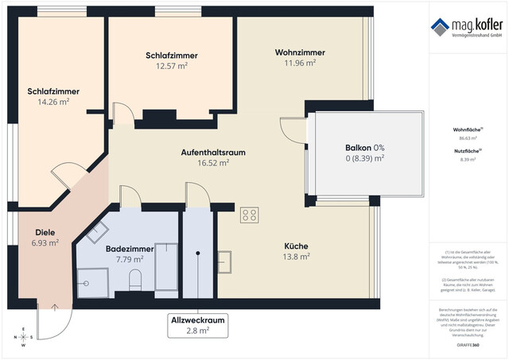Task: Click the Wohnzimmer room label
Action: pos(300,52)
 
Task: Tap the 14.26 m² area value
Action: pos(48,102)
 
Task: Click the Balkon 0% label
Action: pos(364,148)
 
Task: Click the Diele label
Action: pos(43,233)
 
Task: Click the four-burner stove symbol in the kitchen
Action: pos(250,215)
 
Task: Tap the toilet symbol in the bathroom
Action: pos(134,279)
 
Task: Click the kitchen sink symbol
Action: pos(225,261)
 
